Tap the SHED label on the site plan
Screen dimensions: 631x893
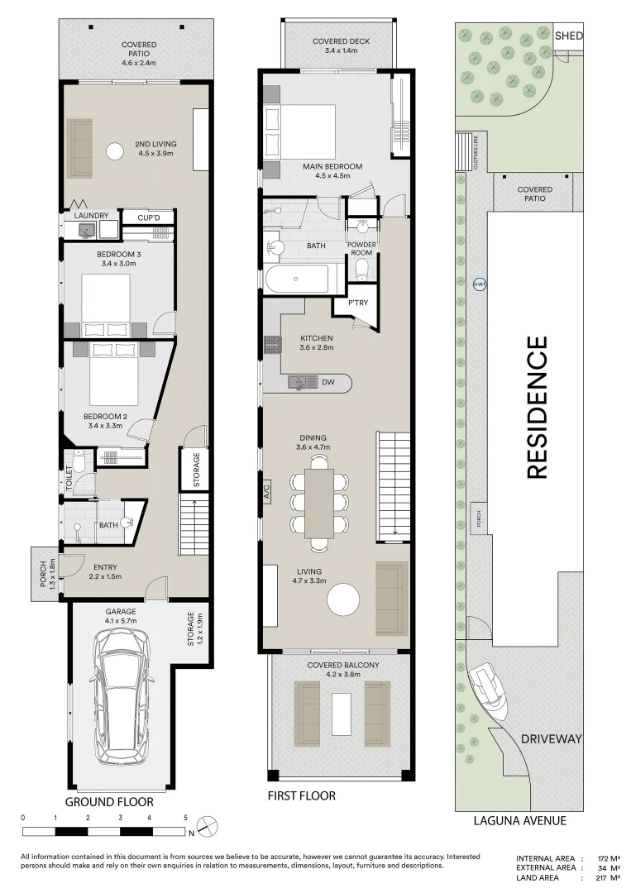pos(568,36)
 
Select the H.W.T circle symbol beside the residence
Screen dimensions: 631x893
pos(480,284)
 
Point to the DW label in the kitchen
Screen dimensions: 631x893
pos(328,382)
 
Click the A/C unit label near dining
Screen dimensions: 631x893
pos(266,491)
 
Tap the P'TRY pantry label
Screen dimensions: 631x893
pos(358,303)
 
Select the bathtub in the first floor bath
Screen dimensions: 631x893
pos(297,279)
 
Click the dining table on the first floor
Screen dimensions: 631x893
pos(319,504)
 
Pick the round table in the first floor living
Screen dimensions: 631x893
pos(343,599)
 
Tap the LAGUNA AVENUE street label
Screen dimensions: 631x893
pos(520,821)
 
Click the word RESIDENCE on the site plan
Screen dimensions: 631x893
pos(537,407)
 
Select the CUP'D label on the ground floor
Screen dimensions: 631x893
pos(149,217)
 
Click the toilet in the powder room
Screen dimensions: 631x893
pos(361,270)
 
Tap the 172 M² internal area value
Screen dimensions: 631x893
pos(608,858)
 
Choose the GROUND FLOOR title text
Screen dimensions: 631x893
pos(109,802)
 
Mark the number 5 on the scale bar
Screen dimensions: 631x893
pos(185,818)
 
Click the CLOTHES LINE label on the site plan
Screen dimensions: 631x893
pos(476,151)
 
